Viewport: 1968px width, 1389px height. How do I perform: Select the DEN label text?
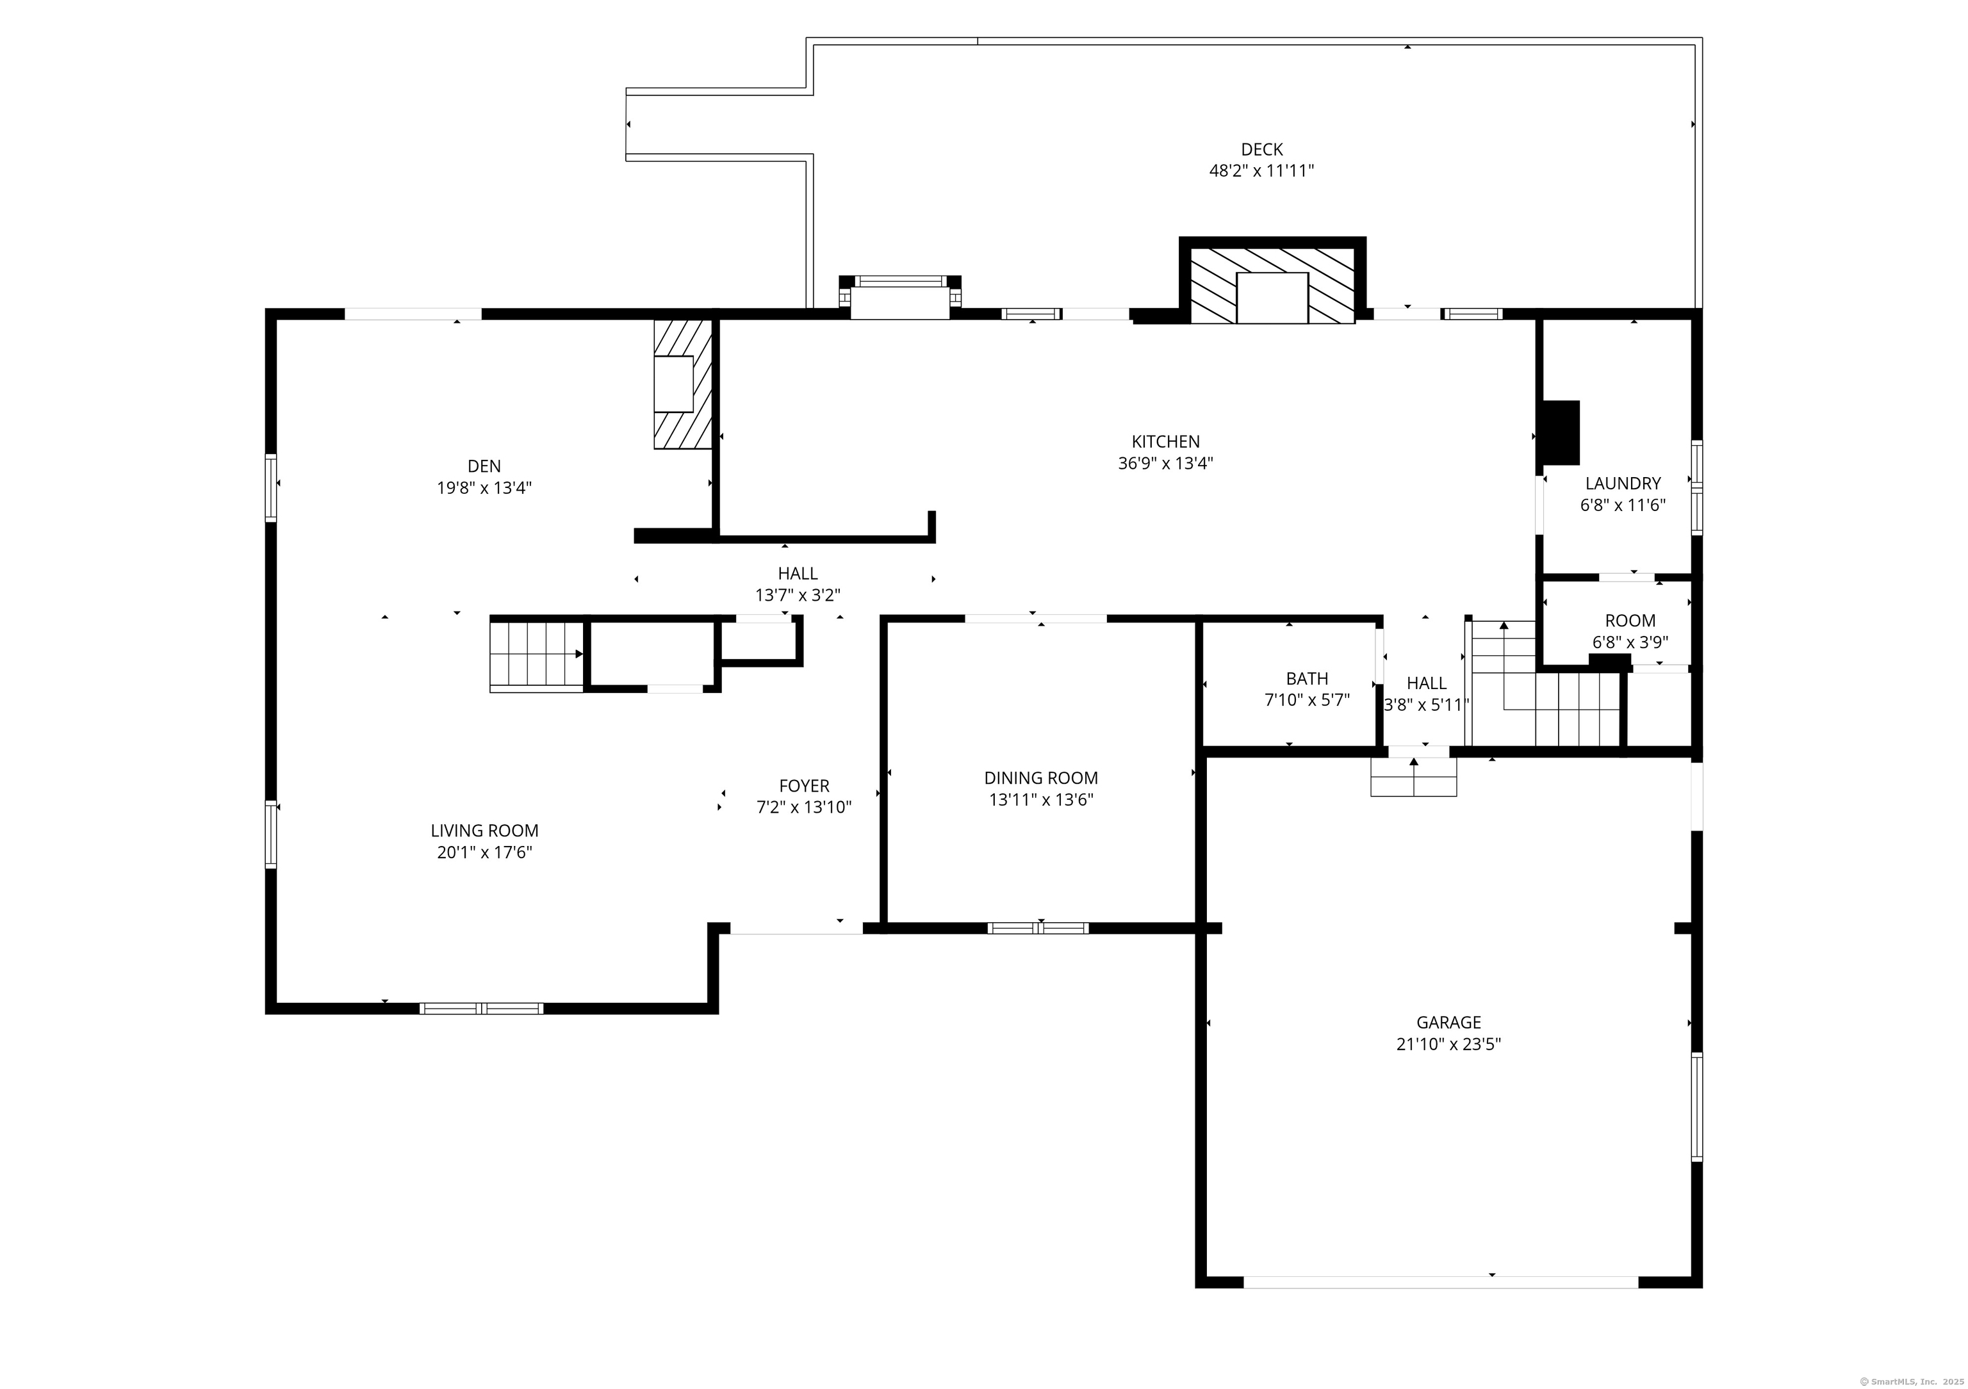[x=484, y=466]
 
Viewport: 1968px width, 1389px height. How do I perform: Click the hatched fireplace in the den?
[x=682, y=384]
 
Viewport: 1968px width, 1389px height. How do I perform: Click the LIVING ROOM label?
[x=484, y=831]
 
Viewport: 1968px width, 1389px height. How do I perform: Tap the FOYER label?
[x=803, y=786]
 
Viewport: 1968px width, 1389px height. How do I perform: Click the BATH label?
[x=1306, y=679]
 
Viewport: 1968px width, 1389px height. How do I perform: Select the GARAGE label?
[x=1448, y=1022]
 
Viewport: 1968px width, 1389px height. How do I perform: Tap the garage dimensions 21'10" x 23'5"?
[x=1448, y=1044]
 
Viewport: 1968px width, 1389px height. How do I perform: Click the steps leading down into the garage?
[x=1413, y=777]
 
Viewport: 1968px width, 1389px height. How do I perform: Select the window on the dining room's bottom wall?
[x=1037, y=928]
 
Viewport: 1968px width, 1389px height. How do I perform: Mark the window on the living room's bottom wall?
[x=481, y=1009]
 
